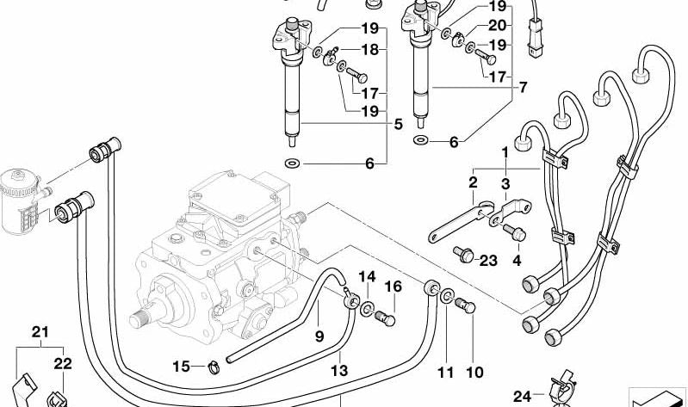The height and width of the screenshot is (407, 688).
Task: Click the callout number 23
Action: pos(488,261)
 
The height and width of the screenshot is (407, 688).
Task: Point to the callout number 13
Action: pos(339,371)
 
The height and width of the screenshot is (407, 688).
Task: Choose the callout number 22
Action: pos(64,364)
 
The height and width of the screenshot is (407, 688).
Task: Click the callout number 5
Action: pos(398,124)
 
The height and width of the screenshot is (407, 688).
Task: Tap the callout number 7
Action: pos(523,87)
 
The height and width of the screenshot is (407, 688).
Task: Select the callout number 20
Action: pos(498,26)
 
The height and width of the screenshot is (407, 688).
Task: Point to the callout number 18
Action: pos(369,50)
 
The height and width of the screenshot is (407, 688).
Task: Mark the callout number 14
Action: pos(368,276)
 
